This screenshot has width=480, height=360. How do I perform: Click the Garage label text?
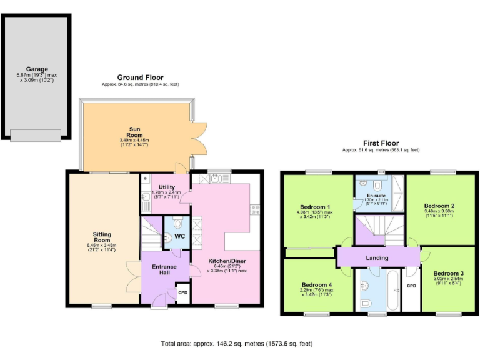click(37, 69)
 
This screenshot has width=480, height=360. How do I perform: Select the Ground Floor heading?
click(141, 77)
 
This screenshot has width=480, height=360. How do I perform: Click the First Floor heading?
click(381, 143)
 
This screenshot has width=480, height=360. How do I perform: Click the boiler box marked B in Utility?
click(145, 178)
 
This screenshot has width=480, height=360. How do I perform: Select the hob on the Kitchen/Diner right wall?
click(253, 209)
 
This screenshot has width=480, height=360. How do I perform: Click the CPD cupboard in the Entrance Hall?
click(183, 292)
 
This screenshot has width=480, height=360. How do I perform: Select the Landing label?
click(377, 257)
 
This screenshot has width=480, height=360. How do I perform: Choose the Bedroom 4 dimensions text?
click(315, 292)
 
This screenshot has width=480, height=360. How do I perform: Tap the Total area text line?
click(236, 344)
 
